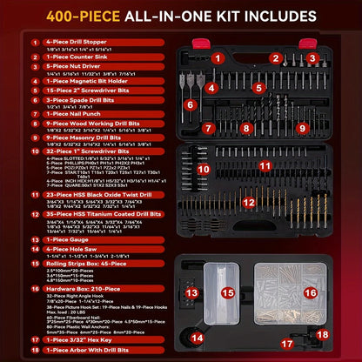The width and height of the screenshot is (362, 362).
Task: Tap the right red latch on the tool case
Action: [x=306, y=43]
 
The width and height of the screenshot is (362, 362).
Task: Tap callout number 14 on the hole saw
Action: [x=198, y=337]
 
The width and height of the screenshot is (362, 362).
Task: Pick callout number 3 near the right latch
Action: [x=311, y=57]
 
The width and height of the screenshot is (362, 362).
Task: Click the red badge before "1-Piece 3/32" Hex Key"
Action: [x=34, y=341]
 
